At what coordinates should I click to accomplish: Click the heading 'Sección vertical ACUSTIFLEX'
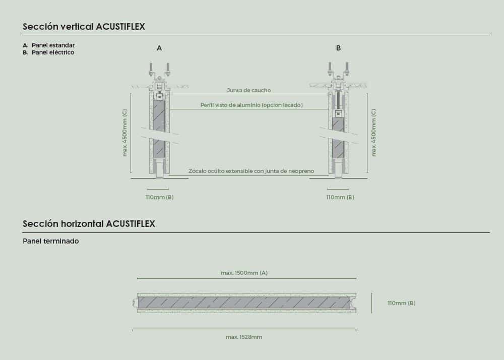(84, 26)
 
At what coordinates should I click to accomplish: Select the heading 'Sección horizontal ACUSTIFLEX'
(89, 224)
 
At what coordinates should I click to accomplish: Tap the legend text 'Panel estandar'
(53, 45)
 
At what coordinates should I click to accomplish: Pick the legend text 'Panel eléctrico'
(53, 52)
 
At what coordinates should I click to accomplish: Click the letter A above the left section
(159, 48)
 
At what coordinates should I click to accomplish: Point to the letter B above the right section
(338, 48)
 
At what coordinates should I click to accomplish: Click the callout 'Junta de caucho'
(249, 90)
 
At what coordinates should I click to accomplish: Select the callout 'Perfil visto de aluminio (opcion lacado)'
(251, 105)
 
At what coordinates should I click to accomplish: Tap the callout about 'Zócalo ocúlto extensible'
(251, 171)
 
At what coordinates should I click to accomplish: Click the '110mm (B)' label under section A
(159, 197)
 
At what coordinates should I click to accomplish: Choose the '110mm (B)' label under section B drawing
(340, 197)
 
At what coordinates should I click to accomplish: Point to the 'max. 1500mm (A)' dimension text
(244, 273)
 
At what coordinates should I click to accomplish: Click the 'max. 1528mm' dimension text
(243, 337)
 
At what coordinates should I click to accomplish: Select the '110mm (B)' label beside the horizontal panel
(402, 303)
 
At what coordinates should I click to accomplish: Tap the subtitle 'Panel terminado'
(51, 241)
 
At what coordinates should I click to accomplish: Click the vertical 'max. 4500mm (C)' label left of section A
(124, 133)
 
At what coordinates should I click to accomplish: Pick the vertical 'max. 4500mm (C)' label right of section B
(373, 133)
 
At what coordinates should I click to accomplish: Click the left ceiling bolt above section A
(151, 70)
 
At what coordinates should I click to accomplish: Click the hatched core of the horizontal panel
(244, 303)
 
